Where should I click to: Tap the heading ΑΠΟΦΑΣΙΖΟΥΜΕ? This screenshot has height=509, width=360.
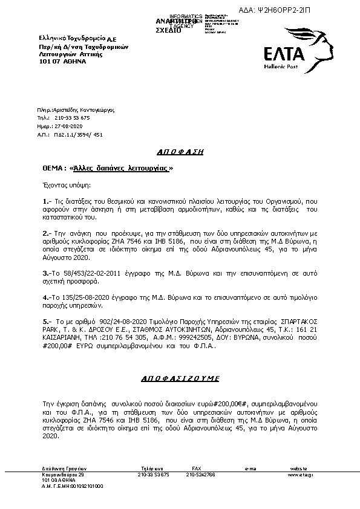pyautogui.click(x=180, y=378)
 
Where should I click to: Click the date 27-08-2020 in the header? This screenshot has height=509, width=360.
pyautogui.click(x=67, y=126)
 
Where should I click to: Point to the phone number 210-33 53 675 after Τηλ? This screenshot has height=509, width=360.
pyautogui.click(x=71, y=118)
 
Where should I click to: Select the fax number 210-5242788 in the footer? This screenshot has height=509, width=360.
pyautogui.click(x=199, y=475)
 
